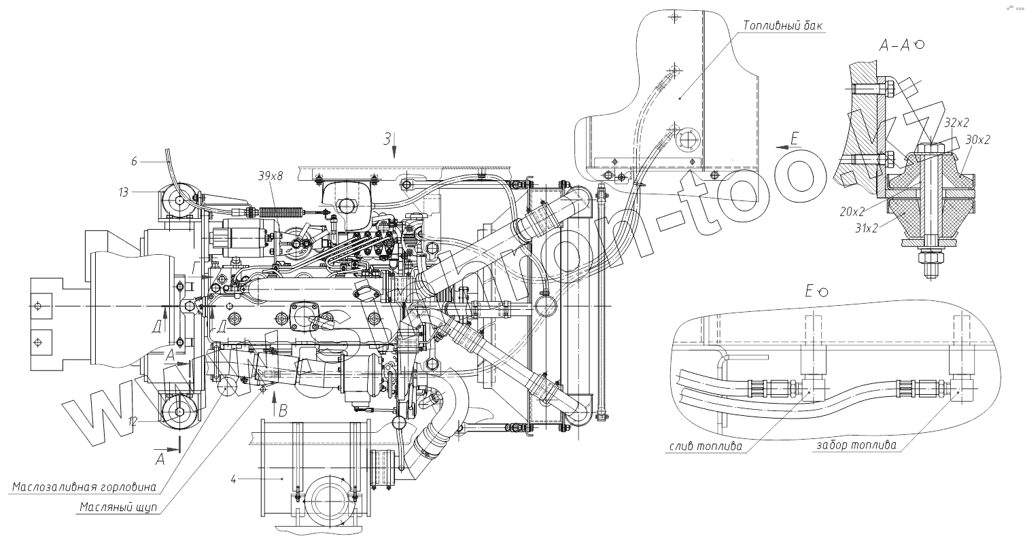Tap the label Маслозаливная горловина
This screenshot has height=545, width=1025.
tap(85, 487)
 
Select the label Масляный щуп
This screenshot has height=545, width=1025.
tap(118, 507)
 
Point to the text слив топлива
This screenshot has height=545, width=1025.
tap(705, 446)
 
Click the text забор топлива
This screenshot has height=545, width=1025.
tap(854, 446)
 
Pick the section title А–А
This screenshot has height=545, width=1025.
tap(895, 46)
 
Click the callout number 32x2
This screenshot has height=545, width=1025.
tap(956, 123)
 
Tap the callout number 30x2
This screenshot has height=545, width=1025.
tap(977, 139)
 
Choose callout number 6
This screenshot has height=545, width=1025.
tap(134, 161)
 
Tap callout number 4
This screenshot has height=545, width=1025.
tap(232, 480)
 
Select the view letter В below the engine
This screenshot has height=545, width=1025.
tap(283, 410)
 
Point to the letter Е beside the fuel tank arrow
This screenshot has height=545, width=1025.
tap(796, 140)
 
